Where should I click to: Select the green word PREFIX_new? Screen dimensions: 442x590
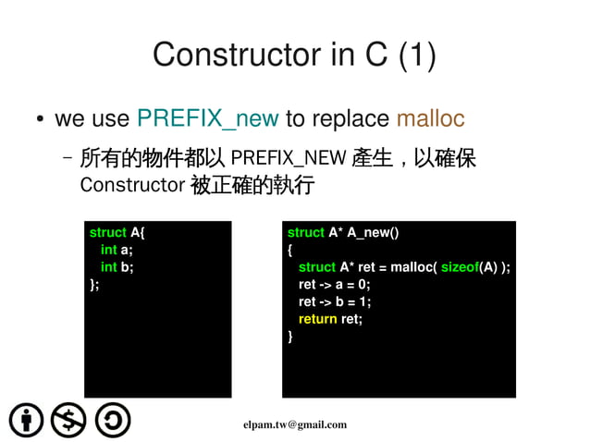(207, 119)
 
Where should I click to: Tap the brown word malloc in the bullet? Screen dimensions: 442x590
(430, 119)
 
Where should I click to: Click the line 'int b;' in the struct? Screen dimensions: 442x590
(117, 267)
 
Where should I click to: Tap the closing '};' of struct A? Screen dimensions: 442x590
(94, 285)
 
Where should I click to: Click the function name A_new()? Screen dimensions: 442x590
(367, 232)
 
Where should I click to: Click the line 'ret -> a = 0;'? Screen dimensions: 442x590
(334, 285)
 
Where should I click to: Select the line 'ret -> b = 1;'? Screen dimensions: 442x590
(334, 301)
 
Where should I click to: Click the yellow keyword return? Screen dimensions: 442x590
(318, 319)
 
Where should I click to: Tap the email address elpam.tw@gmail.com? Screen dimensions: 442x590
(295, 424)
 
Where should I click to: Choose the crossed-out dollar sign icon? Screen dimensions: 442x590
(68, 420)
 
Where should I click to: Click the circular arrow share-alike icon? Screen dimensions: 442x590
(112, 420)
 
